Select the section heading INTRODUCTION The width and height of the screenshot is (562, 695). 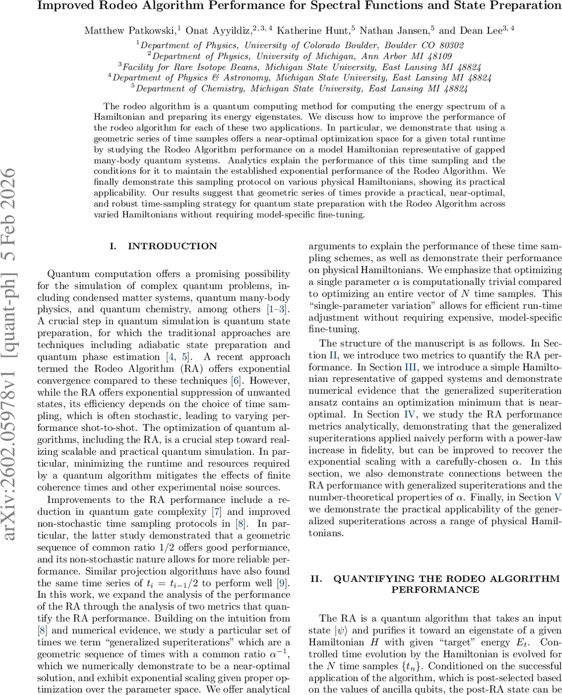pos(172,246)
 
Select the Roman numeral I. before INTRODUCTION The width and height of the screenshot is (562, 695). pos(113,246)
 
